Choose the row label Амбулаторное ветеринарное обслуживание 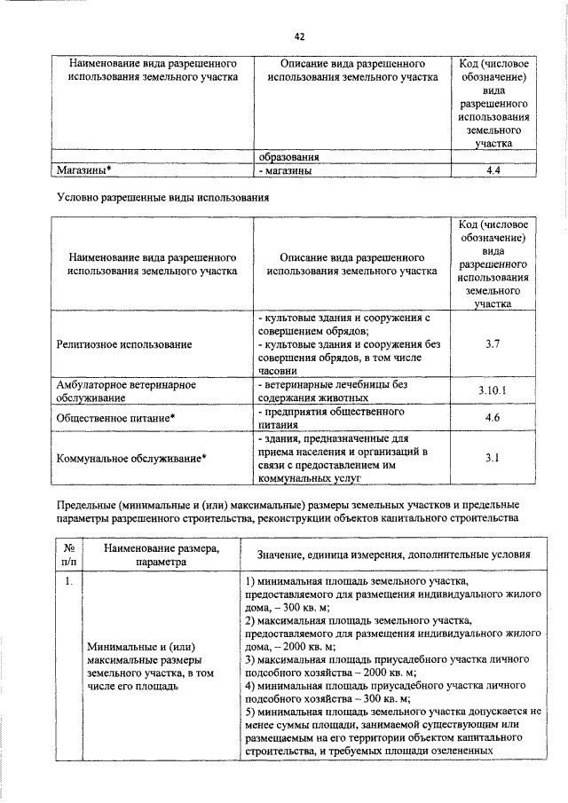[x=126, y=391]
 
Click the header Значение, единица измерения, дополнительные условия [x=393, y=555]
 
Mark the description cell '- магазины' [x=284, y=171]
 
